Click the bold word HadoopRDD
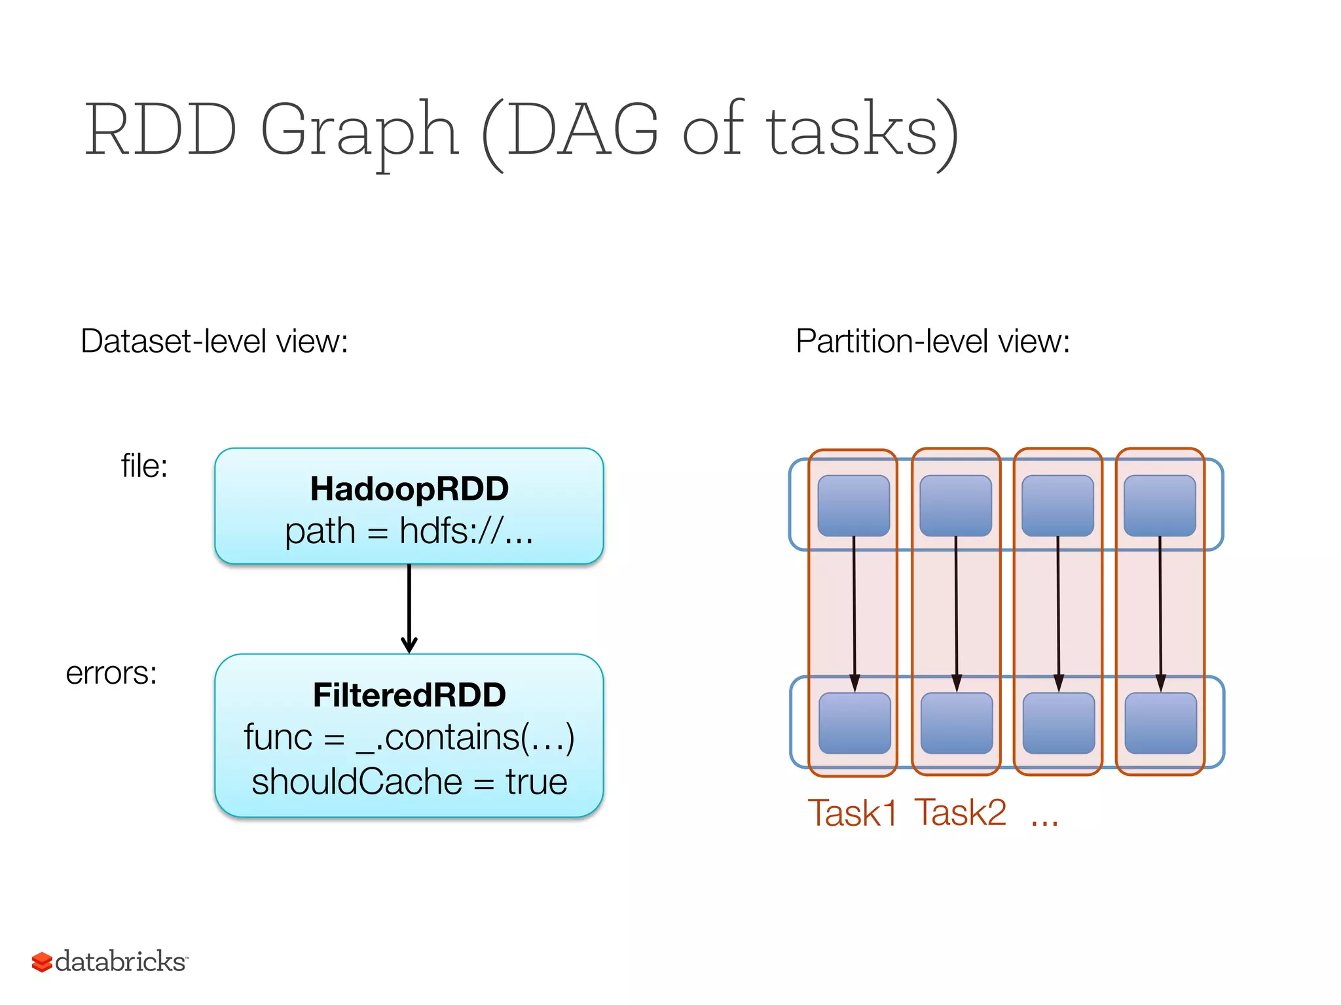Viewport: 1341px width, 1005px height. tap(409, 489)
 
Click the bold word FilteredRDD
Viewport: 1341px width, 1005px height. tap(409, 695)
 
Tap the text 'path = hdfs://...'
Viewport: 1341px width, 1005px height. tap(409, 531)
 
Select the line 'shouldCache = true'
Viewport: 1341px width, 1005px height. tap(409, 782)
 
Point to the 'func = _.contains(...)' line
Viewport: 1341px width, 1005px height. tap(409, 737)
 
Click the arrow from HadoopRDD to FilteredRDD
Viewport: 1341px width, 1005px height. tap(409, 608)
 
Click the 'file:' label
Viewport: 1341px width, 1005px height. tap(145, 467)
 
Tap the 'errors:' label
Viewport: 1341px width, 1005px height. tap(111, 673)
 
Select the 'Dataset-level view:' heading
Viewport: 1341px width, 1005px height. tap(214, 341)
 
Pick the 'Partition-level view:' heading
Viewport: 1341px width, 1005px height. tap(932, 341)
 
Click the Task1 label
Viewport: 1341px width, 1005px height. tap(852, 813)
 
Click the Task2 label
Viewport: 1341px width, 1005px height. tap(960, 813)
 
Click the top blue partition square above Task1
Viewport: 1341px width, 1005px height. tap(854, 506)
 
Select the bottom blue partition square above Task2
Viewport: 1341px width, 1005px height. tap(957, 723)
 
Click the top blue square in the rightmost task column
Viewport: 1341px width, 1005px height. tap(1160, 506)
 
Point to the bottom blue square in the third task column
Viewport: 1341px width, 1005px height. tap(1059, 723)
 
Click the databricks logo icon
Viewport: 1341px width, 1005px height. tap(42, 962)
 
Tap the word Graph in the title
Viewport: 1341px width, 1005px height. tap(359, 131)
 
